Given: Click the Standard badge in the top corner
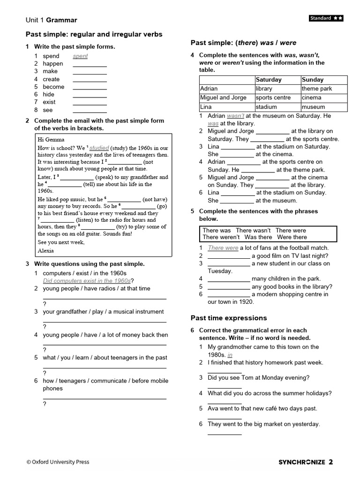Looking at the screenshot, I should pos(326,18).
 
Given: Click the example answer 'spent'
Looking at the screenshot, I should pos(80,56).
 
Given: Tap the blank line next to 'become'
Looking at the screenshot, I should pos(90,87).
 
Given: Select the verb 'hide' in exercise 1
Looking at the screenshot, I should pos(49,94).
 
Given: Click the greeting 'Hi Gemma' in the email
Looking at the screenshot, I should pos(51,139).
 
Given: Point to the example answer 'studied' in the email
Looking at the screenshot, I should pos(99,148).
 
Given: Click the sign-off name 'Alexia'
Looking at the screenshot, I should pos(46,250).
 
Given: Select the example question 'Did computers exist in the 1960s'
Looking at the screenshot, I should pos(87,281).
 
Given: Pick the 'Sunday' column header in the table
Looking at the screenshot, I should pos(313,80).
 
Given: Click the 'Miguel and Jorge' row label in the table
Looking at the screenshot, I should pos(223,97).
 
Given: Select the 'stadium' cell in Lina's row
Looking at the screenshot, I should pos(266,107).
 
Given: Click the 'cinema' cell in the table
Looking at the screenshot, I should pos(312,97).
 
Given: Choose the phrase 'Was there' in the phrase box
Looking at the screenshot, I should pos(258,237).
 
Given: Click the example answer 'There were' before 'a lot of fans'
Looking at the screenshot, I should pos(223,248).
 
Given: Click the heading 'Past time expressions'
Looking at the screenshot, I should pos(229,318).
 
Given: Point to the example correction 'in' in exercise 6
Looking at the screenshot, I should pos(230,355).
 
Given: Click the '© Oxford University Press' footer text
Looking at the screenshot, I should pos(58,462).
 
